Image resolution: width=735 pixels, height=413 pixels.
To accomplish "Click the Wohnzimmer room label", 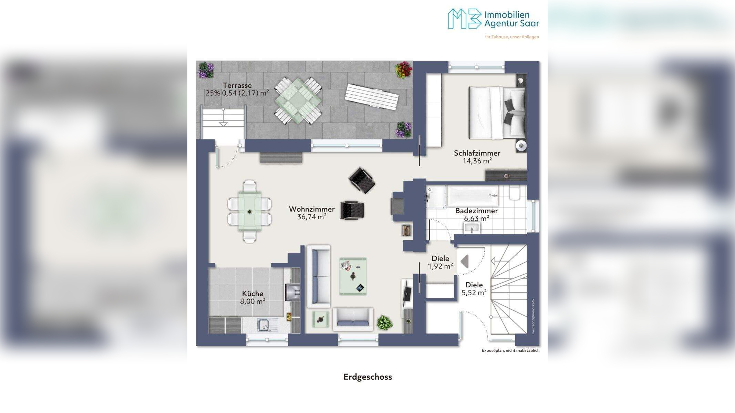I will coord(312,209).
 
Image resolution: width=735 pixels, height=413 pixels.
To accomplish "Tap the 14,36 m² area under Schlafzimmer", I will coord(477,161).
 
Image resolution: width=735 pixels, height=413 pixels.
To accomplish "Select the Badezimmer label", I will coord(476,211).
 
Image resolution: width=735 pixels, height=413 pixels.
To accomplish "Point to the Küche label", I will coord(252,294).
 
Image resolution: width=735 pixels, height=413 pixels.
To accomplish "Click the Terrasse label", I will coord(237,85).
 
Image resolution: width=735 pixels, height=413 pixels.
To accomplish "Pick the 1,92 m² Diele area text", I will coord(440,266).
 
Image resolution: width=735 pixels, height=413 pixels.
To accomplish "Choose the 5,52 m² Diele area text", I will coord(474,293).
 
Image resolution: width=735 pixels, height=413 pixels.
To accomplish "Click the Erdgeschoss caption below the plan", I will coord(367,377).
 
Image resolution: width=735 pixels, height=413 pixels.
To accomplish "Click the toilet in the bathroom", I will coord(515,192).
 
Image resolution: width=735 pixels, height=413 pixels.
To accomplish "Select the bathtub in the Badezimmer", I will coord(473,196).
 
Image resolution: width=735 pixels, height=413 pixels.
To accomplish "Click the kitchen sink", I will coord(264,325).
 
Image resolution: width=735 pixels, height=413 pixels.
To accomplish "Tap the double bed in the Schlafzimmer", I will coord(497,112).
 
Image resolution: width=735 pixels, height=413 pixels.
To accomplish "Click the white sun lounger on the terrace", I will coord(372,97).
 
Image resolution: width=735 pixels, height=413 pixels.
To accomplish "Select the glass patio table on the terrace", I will coord(298,100).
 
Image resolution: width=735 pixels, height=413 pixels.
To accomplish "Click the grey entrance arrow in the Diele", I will coord(464,262).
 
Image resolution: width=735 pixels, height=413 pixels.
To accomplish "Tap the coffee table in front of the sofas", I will coord(353,276).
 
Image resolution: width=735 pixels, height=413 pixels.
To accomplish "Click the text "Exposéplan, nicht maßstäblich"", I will coord(510,350).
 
